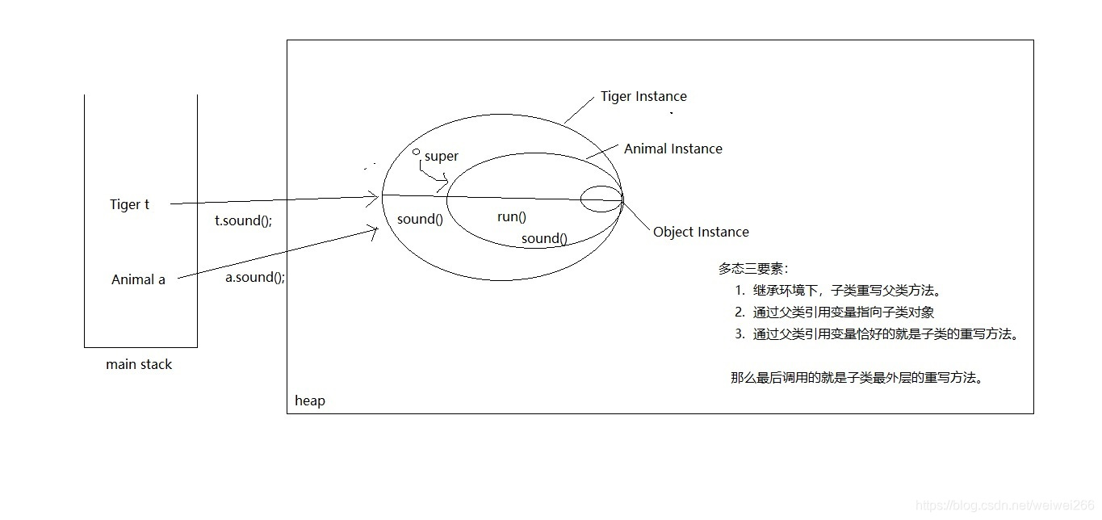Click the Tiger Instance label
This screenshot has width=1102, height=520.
click(x=643, y=97)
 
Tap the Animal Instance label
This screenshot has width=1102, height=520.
click(x=673, y=149)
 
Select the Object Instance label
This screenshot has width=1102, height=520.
click(x=701, y=233)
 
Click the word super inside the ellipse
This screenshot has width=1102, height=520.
click(x=441, y=157)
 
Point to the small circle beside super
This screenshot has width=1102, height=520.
click(x=416, y=152)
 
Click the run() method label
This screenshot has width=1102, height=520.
click(x=511, y=216)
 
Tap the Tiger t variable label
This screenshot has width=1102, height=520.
click(x=130, y=205)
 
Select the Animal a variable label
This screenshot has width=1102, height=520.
click(x=138, y=280)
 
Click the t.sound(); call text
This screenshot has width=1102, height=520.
click(x=243, y=220)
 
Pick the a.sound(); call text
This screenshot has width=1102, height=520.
click(x=254, y=277)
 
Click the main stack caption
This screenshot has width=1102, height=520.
click(x=139, y=365)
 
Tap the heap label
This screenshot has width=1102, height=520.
click(x=310, y=401)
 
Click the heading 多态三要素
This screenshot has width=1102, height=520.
click(x=753, y=269)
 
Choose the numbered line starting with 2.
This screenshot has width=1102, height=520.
click(x=835, y=312)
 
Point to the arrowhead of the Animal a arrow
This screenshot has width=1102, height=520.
click(x=375, y=230)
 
